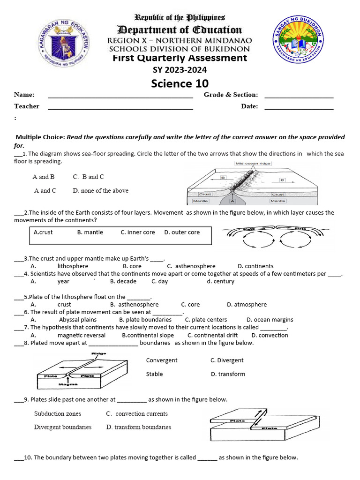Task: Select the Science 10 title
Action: point(179,83)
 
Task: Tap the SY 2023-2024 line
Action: point(180,70)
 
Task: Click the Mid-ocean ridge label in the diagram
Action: point(253,164)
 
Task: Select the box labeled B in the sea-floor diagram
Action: point(224,178)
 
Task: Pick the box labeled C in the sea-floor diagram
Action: point(282,180)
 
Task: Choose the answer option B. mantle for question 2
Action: point(90,232)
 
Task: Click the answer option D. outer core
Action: point(182,232)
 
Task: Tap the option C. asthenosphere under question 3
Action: point(191,266)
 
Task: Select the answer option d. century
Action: point(220,281)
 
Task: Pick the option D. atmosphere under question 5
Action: point(247,304)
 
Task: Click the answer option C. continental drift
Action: point(212,335)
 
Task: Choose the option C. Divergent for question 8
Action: point(227,360)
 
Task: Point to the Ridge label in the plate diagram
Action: point(99,353)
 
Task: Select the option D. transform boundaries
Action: point(138,427)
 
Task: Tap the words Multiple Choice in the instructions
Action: point(40,137)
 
